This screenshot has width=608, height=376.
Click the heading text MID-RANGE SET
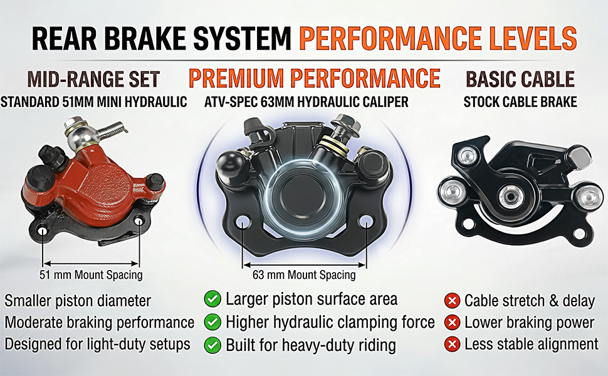click(x=93, y=80)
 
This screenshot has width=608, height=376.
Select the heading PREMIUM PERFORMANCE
click(x=315, y=78)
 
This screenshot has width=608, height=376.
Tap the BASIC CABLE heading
click(x=520, y=80)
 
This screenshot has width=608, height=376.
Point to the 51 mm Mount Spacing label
click(x=91, y=275)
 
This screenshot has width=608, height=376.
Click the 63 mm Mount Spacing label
click(x=304, y=275)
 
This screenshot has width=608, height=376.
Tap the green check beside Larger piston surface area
click(x=212, y=299)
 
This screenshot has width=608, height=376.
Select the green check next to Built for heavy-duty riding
click(x=212, y=345)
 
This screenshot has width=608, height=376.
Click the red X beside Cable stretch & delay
click(x=452, y=300)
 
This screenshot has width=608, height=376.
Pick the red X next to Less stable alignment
click(x=452, y=344)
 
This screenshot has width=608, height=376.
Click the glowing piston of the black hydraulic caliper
click(x=305, y=195)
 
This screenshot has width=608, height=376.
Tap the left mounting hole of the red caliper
click(x=43, y=231)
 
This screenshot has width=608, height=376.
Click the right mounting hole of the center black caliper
click(x=365, y=222)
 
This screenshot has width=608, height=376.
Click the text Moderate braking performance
click(x=99, y=323)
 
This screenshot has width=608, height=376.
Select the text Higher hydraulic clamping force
click(x=330, y=323)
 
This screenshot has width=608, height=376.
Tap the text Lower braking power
click(x=529, y=322)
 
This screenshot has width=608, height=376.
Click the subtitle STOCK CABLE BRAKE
click(x=520, y=102)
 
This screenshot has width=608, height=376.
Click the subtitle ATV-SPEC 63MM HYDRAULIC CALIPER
click(x=307, y=102)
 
